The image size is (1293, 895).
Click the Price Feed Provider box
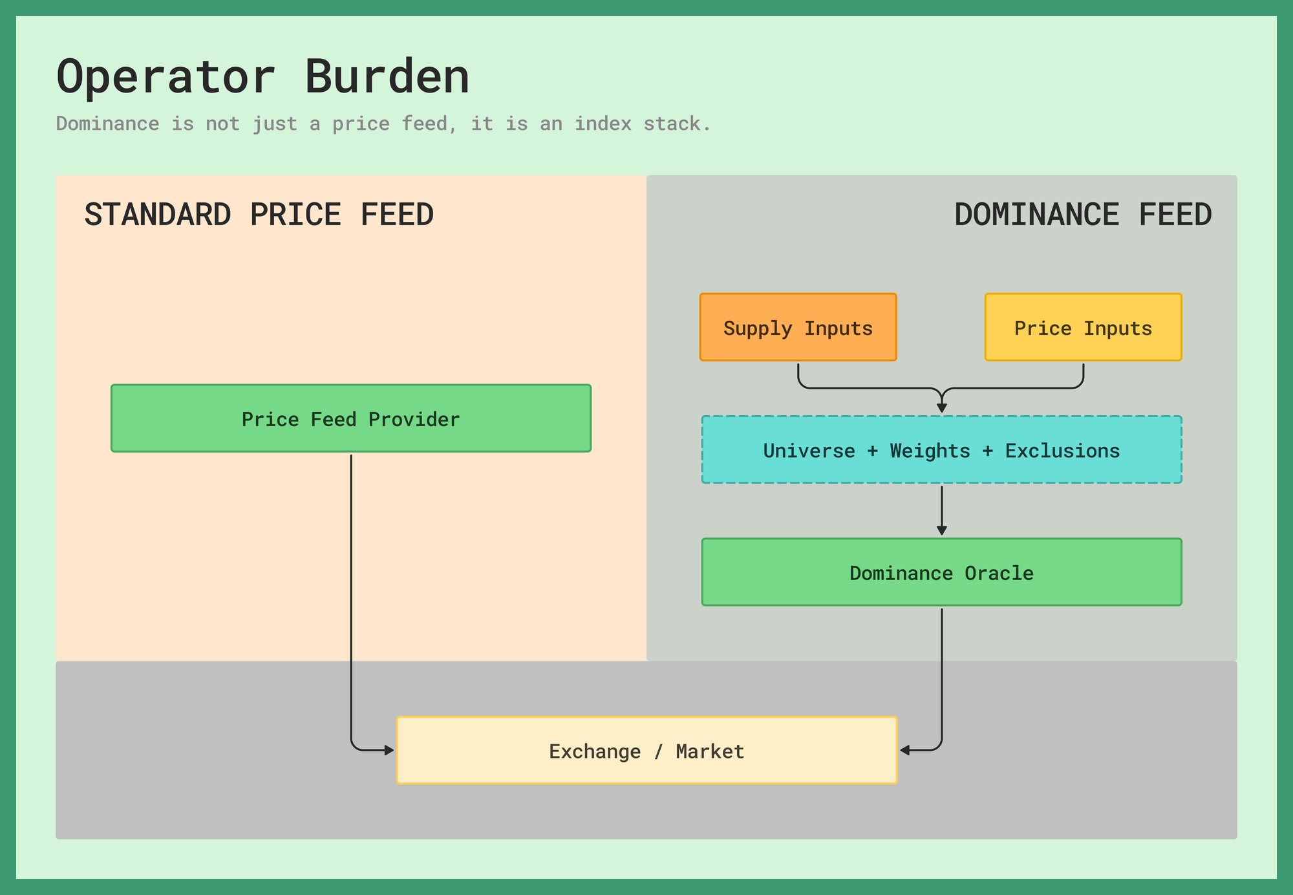[x=351, y=418]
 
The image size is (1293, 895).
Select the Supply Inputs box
[x=798, y=327]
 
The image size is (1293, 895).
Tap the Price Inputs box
[x=1084, y=327]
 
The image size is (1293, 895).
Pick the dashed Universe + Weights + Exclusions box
[x=942, y=449]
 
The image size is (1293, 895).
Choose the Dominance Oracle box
[x=942, y=572]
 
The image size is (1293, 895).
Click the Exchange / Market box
[x=647, y=750]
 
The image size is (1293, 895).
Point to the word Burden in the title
[x=387, y=77]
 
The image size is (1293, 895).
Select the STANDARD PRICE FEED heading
[x=259, y=215]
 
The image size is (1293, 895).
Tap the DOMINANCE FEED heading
[x=1083, y=215]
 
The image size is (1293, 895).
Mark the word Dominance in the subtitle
[x=108, y=124]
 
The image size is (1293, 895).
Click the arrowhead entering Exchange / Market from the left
[x=389, y=750]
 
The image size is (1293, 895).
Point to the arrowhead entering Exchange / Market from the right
[x=905, y=750]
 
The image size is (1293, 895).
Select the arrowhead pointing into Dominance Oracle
[x=942, y=530]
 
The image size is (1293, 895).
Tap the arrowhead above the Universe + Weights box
[x=942, y=408]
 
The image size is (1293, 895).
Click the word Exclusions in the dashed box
[x=1062, y=451]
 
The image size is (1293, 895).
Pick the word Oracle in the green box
[x=999, y=573]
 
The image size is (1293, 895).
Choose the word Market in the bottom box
[x=710, y=751]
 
